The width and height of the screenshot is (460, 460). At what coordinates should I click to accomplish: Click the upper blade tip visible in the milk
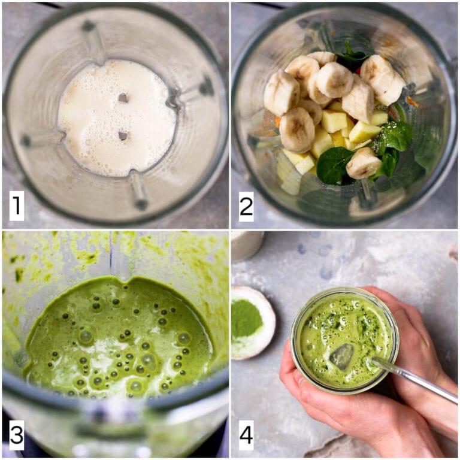pyautogui.click(x=123, y=98)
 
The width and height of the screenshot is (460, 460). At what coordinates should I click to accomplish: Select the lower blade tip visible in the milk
pyautogui.click(x=122, y=136)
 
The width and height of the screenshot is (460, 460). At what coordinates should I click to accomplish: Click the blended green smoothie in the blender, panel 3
pyautogui.click(x=120, y=335)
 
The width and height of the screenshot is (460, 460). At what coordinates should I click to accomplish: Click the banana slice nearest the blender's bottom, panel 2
pyautogui.click(x=363, y=162)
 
